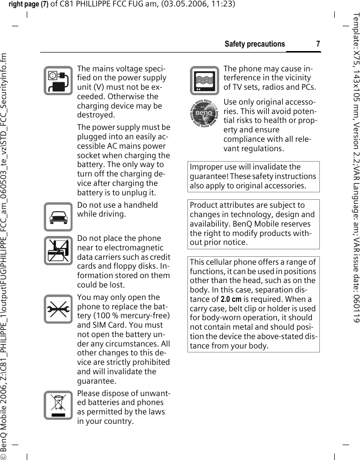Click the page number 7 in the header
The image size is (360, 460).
318,44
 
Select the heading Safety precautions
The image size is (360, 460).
255,44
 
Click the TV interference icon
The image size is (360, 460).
203,81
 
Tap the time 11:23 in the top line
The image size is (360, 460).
222,4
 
